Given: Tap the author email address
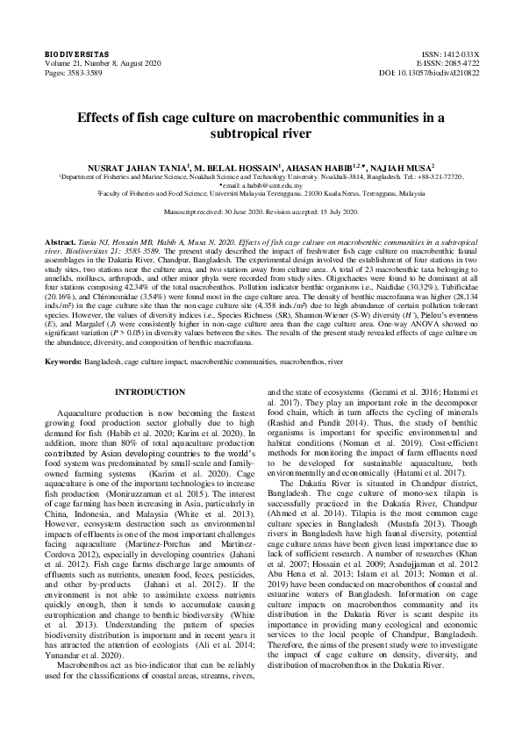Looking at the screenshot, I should [x=266, y=185].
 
